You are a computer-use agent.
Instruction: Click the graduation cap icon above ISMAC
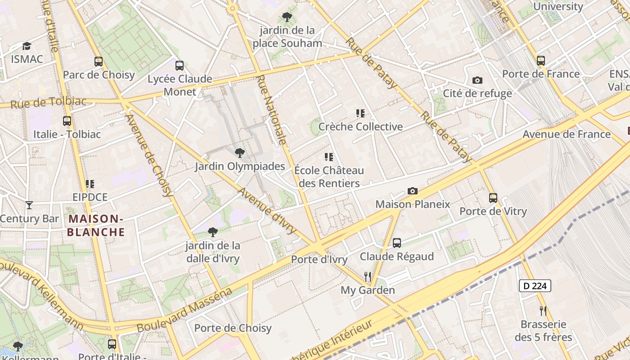(x=27, y=46)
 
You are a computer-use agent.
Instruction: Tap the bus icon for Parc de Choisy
(x=99, y=62)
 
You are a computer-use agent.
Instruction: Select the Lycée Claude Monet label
(x=180, y=85)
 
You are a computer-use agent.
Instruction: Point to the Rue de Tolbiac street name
(x=48, y=103)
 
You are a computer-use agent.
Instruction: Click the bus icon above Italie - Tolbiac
(x=67, y=121)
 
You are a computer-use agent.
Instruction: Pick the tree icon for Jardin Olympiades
(x=240, y=153)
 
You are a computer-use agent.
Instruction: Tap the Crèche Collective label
(x=360, y=126)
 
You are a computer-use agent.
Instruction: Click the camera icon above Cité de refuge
(x=477, y=81)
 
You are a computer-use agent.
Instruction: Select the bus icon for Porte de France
(x=541, y=61)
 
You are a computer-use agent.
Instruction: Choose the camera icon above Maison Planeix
(x=413, y=191)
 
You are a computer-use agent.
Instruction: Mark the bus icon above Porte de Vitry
(x=493, y=198)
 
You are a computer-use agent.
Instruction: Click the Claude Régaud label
(x=396, y=256)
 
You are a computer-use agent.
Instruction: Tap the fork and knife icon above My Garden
(x=368, y=277)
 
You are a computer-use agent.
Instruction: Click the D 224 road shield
(x=535, y=286)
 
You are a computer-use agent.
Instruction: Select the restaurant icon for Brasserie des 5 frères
(x=543, y=310)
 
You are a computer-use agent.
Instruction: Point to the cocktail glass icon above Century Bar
(x=29, y=205)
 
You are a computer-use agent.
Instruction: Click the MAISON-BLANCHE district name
(x=96, y=225)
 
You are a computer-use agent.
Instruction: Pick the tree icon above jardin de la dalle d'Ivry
(x=213, y=232)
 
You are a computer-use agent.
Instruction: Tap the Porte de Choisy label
(x=233, y=328)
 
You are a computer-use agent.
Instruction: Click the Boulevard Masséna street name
(x=184, y=310)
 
